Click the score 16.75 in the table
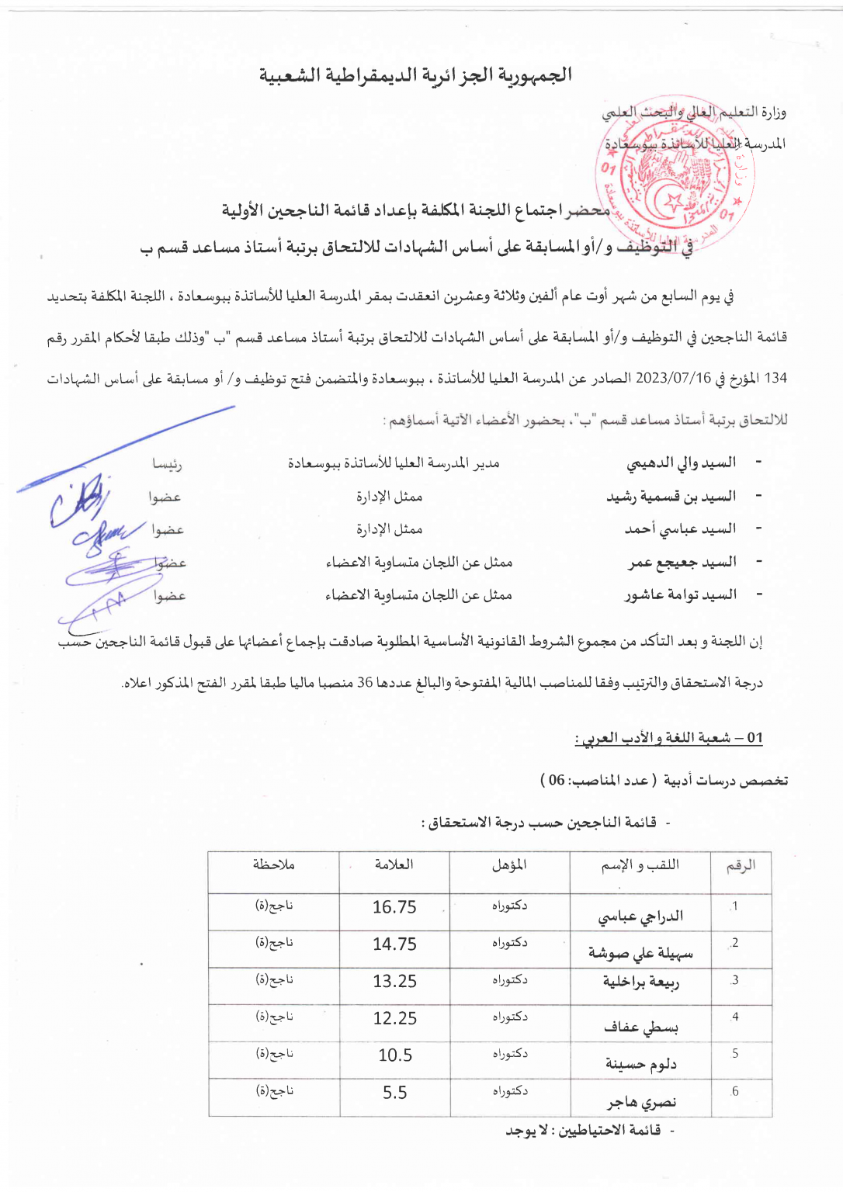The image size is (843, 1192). [394, 907]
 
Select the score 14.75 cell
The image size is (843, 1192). [394, 944]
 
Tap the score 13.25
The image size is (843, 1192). [394, 982]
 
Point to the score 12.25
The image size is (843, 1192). [394, 1018]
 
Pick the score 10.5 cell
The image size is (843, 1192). [395, 1055]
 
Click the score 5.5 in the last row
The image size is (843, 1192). [394, 1093]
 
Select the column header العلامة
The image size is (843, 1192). [394, 865]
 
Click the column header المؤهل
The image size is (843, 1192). [509, 865]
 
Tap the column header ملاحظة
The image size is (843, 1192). [273, 865]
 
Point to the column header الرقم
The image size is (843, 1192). [741, 866]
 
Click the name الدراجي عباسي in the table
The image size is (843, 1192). [640, 917]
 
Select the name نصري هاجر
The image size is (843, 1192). [641, 1102]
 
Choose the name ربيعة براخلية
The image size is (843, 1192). [641, 982]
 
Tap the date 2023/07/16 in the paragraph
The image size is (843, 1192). [673, 379]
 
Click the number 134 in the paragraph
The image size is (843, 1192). [775, 379]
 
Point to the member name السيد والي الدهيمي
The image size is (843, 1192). [681, 463]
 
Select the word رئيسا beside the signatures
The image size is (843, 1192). [167, 464]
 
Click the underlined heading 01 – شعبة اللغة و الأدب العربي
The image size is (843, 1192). [668, 738]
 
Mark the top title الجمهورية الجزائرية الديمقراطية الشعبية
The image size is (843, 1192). [415, 75]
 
